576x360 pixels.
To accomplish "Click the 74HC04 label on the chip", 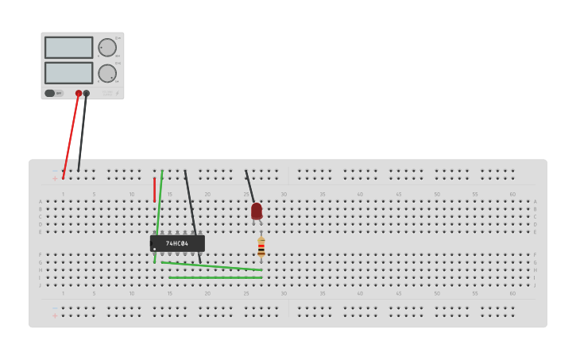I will click(x=177, y=243).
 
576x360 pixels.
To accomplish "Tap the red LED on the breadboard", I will click(x=257, y=211).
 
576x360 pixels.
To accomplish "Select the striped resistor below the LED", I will click(x=261, y=248).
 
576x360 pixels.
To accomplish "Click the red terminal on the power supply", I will click(x=79, y=93).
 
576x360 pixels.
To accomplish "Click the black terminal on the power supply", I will click(x=87, y=93).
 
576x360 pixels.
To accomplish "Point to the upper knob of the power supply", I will click(x=106, y=47).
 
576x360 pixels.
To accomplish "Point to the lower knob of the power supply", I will click(x=106, y=73).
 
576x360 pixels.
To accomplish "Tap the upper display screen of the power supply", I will click(x=68, y=47).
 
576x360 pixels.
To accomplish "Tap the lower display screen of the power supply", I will click(x=68, y=72).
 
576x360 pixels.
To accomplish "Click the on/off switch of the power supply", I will click(x=50, y=93).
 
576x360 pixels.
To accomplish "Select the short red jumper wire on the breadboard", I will click(x=154, y=189).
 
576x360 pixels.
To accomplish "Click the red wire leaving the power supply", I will click(x=71, y=136).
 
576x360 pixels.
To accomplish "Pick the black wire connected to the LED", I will click(x=249, y=186).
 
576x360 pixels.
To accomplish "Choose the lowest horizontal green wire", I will click(x=215, y=277).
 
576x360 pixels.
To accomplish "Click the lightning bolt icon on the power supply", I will click(x=117, y=94).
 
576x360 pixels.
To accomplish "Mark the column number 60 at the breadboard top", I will click(x=512, y=194).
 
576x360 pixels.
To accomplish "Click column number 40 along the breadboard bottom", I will click(x=360, y=293).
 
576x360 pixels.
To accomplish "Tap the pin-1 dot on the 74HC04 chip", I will click(x=155, y=249).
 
